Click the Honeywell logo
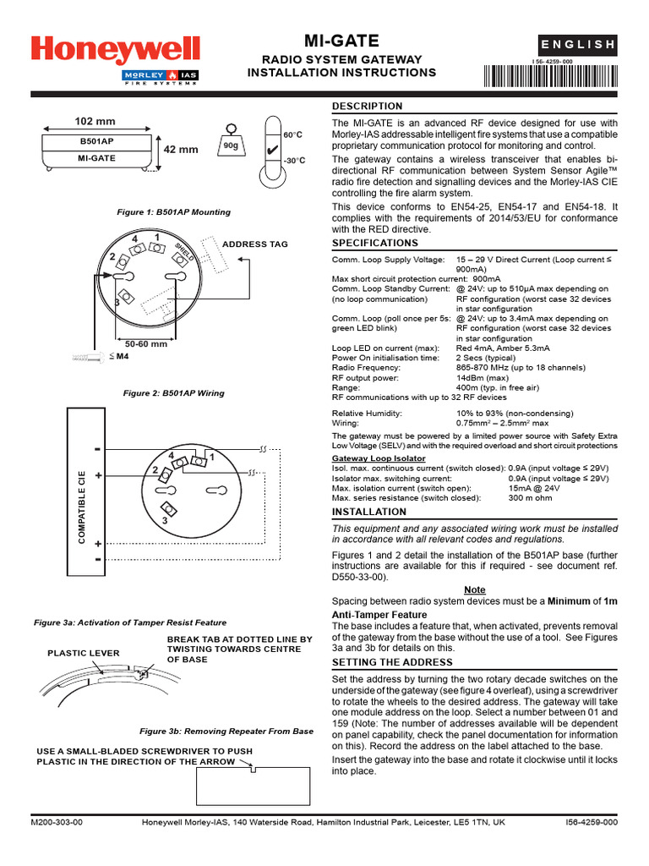116,49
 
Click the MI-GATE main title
341,41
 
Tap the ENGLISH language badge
579,45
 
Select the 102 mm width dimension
95,121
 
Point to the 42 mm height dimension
180,150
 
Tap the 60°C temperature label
292,135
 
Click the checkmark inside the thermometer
271,151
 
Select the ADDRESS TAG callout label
254,244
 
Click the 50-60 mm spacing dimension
146,344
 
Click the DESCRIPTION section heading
367,107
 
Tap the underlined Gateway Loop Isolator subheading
379,458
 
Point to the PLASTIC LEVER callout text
84,653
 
